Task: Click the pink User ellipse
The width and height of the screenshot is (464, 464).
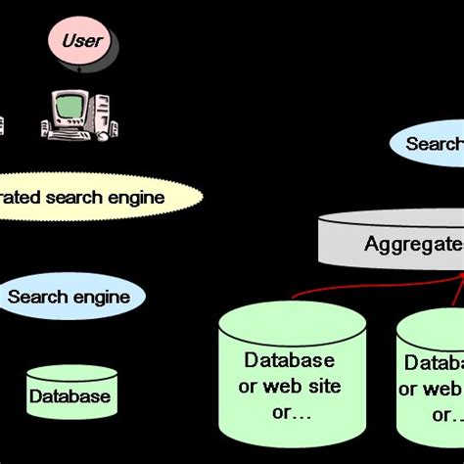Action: pyautogui.click(x=81, y=42)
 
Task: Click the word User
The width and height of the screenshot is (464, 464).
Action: pyautogui.click(x=81, y=41)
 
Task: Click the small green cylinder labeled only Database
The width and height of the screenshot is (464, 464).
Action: pyautogui.click(x=70, y=394)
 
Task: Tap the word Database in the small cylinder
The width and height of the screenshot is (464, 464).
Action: pyautogui.click(x=70, y=396)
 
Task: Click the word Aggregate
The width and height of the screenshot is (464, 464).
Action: pyautogui.click(x=412, y=244)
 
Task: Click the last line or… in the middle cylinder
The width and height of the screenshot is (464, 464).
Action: pyautogui.click(x=291, y=411)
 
